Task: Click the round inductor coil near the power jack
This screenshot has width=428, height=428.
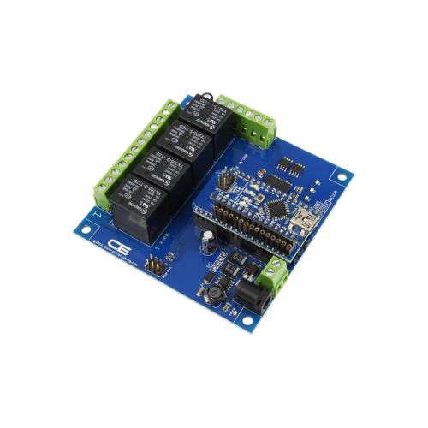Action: pyautogui.click(x=213, y=291)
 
